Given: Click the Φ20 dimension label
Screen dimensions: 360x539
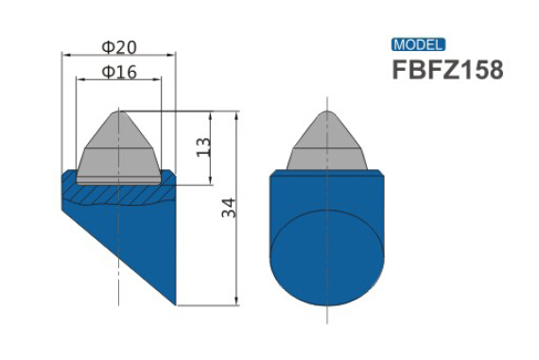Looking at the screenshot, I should (x=119, y=46).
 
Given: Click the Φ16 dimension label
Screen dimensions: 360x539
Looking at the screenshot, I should (x=119, y=72).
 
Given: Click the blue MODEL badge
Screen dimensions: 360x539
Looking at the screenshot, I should (x=417, y=44).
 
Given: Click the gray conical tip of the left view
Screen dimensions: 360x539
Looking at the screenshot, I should (x=119, y=151).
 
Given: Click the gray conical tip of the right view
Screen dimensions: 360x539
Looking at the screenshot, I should (x=329, y=146).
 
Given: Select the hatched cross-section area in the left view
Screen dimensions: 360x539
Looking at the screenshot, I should (x=119, y=193).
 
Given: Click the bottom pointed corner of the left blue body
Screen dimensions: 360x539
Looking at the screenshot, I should (x=175, y=304).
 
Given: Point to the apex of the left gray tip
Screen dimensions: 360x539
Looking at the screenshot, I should (x=119, y=111).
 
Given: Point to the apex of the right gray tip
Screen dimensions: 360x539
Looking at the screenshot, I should (x=329, y=111).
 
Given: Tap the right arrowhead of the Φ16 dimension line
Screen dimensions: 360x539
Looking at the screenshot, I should (x=159, y=80).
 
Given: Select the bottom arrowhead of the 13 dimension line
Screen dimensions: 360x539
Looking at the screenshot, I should (x=210, y=181).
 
